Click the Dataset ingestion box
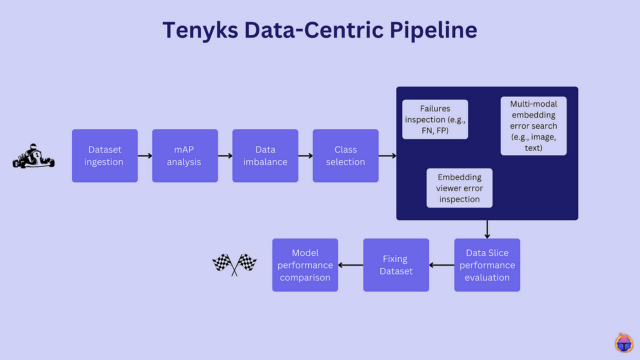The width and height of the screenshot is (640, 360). click(105, 156)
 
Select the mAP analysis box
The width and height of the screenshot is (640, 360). click(185, 156)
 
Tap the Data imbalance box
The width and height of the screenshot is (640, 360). click(265, 156)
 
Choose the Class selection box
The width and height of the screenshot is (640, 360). click(346, 156)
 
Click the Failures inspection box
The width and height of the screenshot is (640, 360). click(435, 119)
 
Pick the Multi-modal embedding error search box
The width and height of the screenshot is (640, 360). click(533, 126)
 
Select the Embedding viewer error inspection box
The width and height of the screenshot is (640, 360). click(459, 188)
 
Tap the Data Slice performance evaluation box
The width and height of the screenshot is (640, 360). click(487, 265)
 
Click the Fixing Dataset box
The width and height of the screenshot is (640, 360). click(396, 265)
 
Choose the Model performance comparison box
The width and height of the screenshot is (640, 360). click(305, 265)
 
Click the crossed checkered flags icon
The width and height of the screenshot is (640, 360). click(235, 265)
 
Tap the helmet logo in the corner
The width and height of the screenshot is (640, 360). click(624, 343)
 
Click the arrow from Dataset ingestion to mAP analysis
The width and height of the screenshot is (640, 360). click(145, 156)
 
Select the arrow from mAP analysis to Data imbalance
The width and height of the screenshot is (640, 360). click(225, 156)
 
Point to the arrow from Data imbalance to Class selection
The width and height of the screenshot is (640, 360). click(305, 156)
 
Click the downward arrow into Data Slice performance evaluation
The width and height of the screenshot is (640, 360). click(487, 229)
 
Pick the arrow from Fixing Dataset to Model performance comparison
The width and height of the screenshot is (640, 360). click(351, 265)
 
